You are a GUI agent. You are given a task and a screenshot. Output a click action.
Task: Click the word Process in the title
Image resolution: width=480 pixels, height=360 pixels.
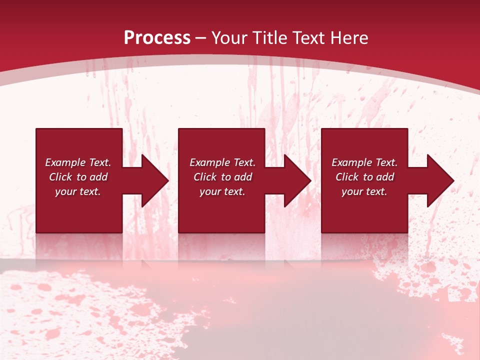pos(157,38)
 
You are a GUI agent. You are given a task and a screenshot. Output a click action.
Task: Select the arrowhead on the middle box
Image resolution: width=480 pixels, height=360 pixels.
pos(297,180)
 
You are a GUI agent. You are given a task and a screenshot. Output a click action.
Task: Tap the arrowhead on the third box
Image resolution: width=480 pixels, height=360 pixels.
pos(440,180)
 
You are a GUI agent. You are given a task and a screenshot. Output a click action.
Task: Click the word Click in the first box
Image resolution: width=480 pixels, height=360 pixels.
pos(61,177)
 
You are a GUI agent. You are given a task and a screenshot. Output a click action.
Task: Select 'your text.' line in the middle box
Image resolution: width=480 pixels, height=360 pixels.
pos(222,191)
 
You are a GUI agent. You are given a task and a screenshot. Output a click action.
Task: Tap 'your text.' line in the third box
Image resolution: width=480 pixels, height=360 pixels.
pos(364,191)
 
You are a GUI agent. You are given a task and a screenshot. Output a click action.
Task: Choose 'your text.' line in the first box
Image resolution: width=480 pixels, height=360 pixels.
pos(78,191)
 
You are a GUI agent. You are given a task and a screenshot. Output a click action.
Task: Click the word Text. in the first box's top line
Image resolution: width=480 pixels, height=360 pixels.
pos(99,162)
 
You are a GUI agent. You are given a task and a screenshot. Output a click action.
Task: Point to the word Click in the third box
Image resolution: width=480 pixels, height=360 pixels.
pos(347,177)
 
